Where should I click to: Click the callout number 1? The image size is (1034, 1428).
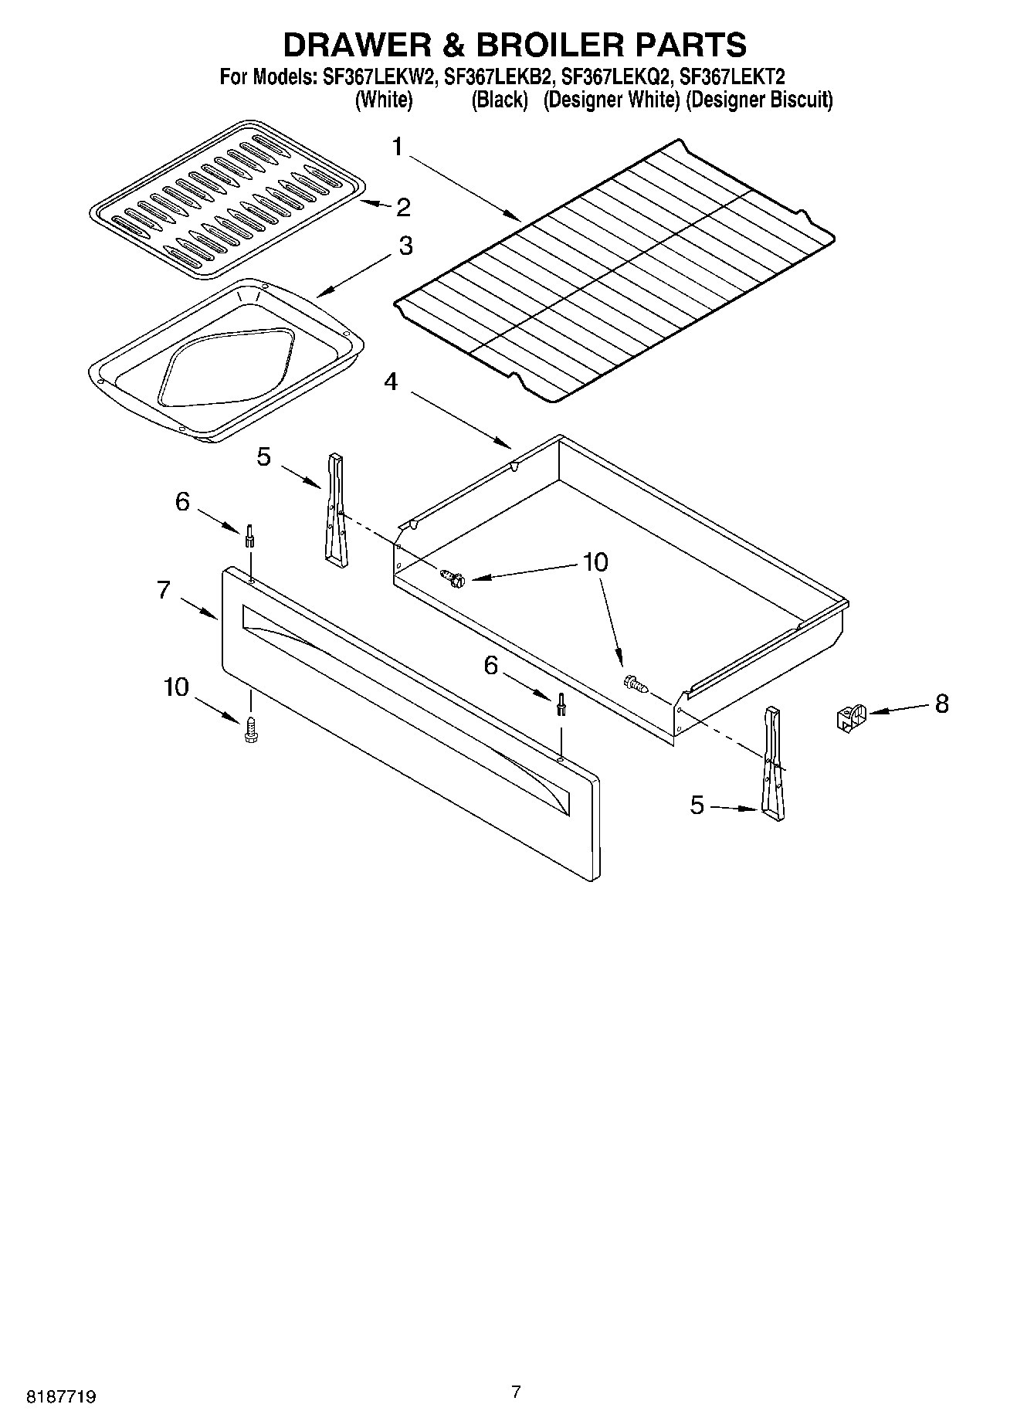pos(397,146)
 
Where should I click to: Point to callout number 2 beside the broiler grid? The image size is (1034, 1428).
pos(403,207)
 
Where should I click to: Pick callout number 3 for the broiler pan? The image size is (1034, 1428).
pos(405,246)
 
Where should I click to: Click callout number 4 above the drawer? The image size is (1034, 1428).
pos(392,381)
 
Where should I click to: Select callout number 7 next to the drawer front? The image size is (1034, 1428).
pos(164,590)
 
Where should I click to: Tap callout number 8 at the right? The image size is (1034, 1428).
pos(941,704)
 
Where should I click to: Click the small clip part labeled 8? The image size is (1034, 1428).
pos(851,718)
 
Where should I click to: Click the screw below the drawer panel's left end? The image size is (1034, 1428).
pos(251,730)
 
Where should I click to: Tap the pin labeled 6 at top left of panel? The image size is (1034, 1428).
pos(249,534)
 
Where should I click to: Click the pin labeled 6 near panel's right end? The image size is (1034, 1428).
pos(561,705)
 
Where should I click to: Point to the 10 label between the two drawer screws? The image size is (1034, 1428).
pos(595,561)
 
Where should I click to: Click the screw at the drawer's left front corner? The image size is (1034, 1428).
pos(453,578)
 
